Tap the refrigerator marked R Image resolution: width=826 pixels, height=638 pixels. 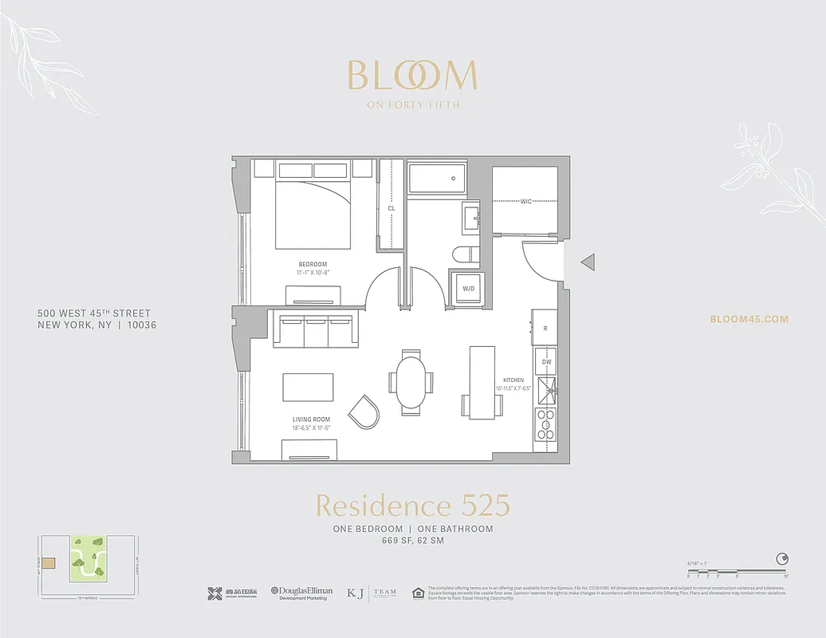pyautogui.click(x=545, y=328)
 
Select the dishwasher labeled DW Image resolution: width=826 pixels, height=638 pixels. pyautogui.click(x=546, y=362)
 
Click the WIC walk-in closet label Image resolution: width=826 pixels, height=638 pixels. pyautogui.click(x=526, y=202)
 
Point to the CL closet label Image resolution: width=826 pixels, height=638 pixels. pyautogui.click(x=391, y=208)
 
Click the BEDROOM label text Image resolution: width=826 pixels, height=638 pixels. pyautogui.click(x=313, y=265)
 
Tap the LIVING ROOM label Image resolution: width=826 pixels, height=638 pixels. pyautogui.click(x=311, y=419)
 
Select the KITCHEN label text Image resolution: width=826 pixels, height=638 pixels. pyautogui.click(x=512, y=380)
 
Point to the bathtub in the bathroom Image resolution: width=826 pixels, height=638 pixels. pyautogui.click(x=437, y=178)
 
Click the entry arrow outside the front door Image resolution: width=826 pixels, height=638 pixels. pyautogui.click(x=587, y=261)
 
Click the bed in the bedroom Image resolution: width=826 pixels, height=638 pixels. pyautogui.click(x=313, y=212)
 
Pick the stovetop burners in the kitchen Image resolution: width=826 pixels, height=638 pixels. pyautogui.click(x=545, y=423)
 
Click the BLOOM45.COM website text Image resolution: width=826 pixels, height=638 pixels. pyautogui.click(x=749, y=319)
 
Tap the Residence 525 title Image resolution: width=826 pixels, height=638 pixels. pyautogui.click(x=412, y=506)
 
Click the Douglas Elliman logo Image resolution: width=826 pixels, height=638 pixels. pyautogui.click(x=301, y=593)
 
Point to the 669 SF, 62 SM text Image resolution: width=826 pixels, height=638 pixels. pyautogui.click(x=412, y=542)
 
